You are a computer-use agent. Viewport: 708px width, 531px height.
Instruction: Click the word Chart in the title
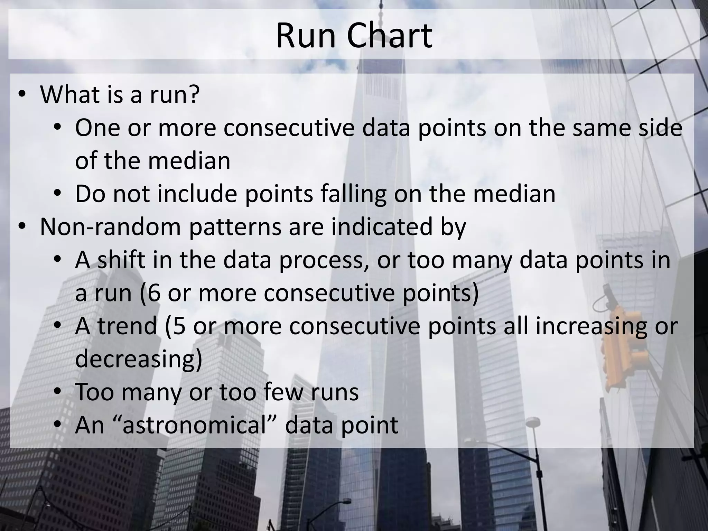pos(389,36)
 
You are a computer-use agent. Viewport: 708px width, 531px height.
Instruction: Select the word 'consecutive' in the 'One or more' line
pos(289,128)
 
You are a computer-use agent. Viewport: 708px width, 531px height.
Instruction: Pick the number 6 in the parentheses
pos(154,293)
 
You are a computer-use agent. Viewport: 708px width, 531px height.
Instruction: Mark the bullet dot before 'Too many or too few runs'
pos(58,392)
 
